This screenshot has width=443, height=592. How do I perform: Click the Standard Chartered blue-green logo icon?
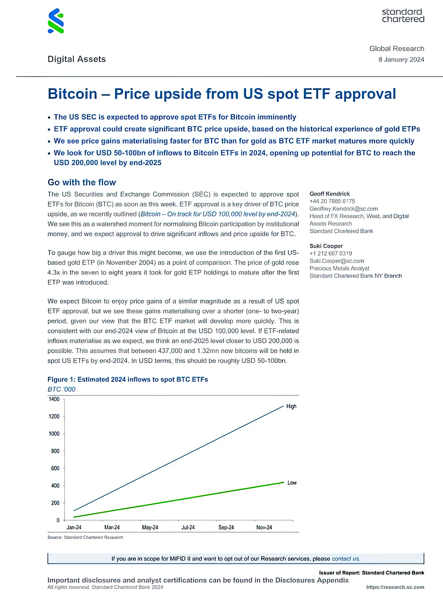point(56,21)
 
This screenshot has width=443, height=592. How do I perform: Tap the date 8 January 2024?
point(401,60)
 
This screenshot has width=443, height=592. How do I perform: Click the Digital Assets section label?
point(76,59)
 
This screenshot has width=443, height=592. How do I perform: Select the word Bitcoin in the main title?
point(73,94)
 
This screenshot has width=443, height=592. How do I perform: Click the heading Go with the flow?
point(82,183)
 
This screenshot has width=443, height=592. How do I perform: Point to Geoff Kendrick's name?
point(330,194)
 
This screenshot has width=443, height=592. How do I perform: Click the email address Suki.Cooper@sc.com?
point(337,261)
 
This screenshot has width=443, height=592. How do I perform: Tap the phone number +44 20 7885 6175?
point(332,201)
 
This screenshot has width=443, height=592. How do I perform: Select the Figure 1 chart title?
point(128,380)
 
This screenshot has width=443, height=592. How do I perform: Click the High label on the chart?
point(291,406)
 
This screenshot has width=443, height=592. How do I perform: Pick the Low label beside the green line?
point(292,483)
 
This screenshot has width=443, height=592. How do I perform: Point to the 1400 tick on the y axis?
point(54,399)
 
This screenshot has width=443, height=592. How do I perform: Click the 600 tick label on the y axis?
point(55,468)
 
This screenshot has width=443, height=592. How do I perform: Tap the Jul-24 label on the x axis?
point(188,527)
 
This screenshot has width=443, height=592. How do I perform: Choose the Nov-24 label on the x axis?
point(264,527)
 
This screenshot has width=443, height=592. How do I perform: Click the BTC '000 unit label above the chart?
point(62,389)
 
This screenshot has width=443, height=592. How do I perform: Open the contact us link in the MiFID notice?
point(346,559)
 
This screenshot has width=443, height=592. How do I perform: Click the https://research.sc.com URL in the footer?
point(395,587)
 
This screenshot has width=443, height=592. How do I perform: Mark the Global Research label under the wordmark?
point(397,48)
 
